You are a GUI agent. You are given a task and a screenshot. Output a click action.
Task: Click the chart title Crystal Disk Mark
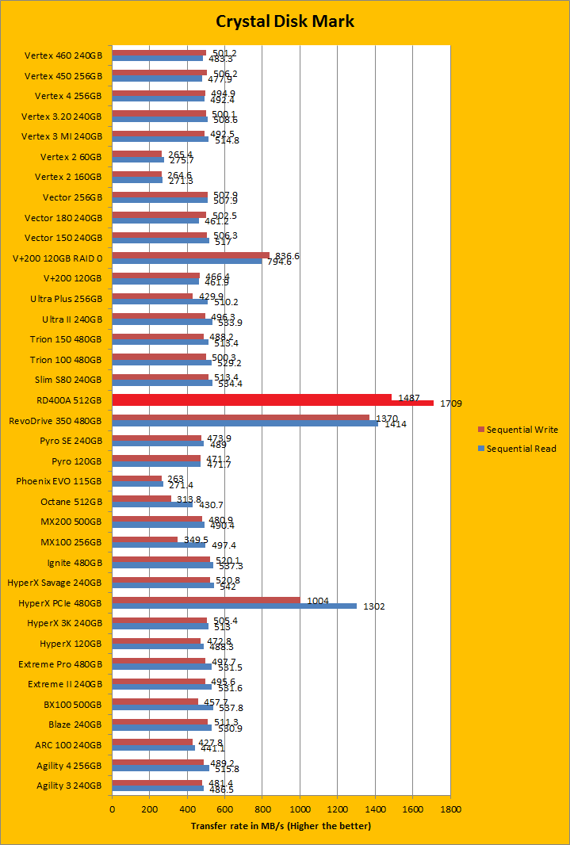pos(285,21)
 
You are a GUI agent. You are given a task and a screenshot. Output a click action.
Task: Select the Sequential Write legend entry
pos(522,430)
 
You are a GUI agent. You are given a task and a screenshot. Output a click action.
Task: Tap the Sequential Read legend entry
pos(521,449)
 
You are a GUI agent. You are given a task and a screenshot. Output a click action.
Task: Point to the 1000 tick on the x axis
pos(300,810)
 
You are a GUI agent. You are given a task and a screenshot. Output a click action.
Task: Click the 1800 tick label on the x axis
pos(450,810)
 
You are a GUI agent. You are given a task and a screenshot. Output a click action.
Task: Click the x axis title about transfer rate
pos(281,826)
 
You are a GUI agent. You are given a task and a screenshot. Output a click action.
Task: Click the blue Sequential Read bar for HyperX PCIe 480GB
pos(235,606)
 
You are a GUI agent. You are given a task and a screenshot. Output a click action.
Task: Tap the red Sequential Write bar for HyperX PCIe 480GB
pos(206,600)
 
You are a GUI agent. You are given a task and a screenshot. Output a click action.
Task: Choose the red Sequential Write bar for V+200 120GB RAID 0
pos(190,255)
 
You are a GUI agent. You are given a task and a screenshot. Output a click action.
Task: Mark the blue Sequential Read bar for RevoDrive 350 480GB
pos(245,423)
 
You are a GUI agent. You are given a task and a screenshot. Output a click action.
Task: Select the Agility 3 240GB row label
pos(69,786)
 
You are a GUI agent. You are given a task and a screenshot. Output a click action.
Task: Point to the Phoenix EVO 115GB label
pos(59,480)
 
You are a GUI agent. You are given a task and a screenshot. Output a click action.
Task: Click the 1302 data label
pos(373,607)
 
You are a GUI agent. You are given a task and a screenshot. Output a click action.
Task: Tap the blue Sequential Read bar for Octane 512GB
pos(152,505)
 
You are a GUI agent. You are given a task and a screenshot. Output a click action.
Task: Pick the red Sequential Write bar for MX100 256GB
pos(145,540)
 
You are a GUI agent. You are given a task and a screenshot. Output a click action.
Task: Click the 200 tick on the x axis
pos(149,810)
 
